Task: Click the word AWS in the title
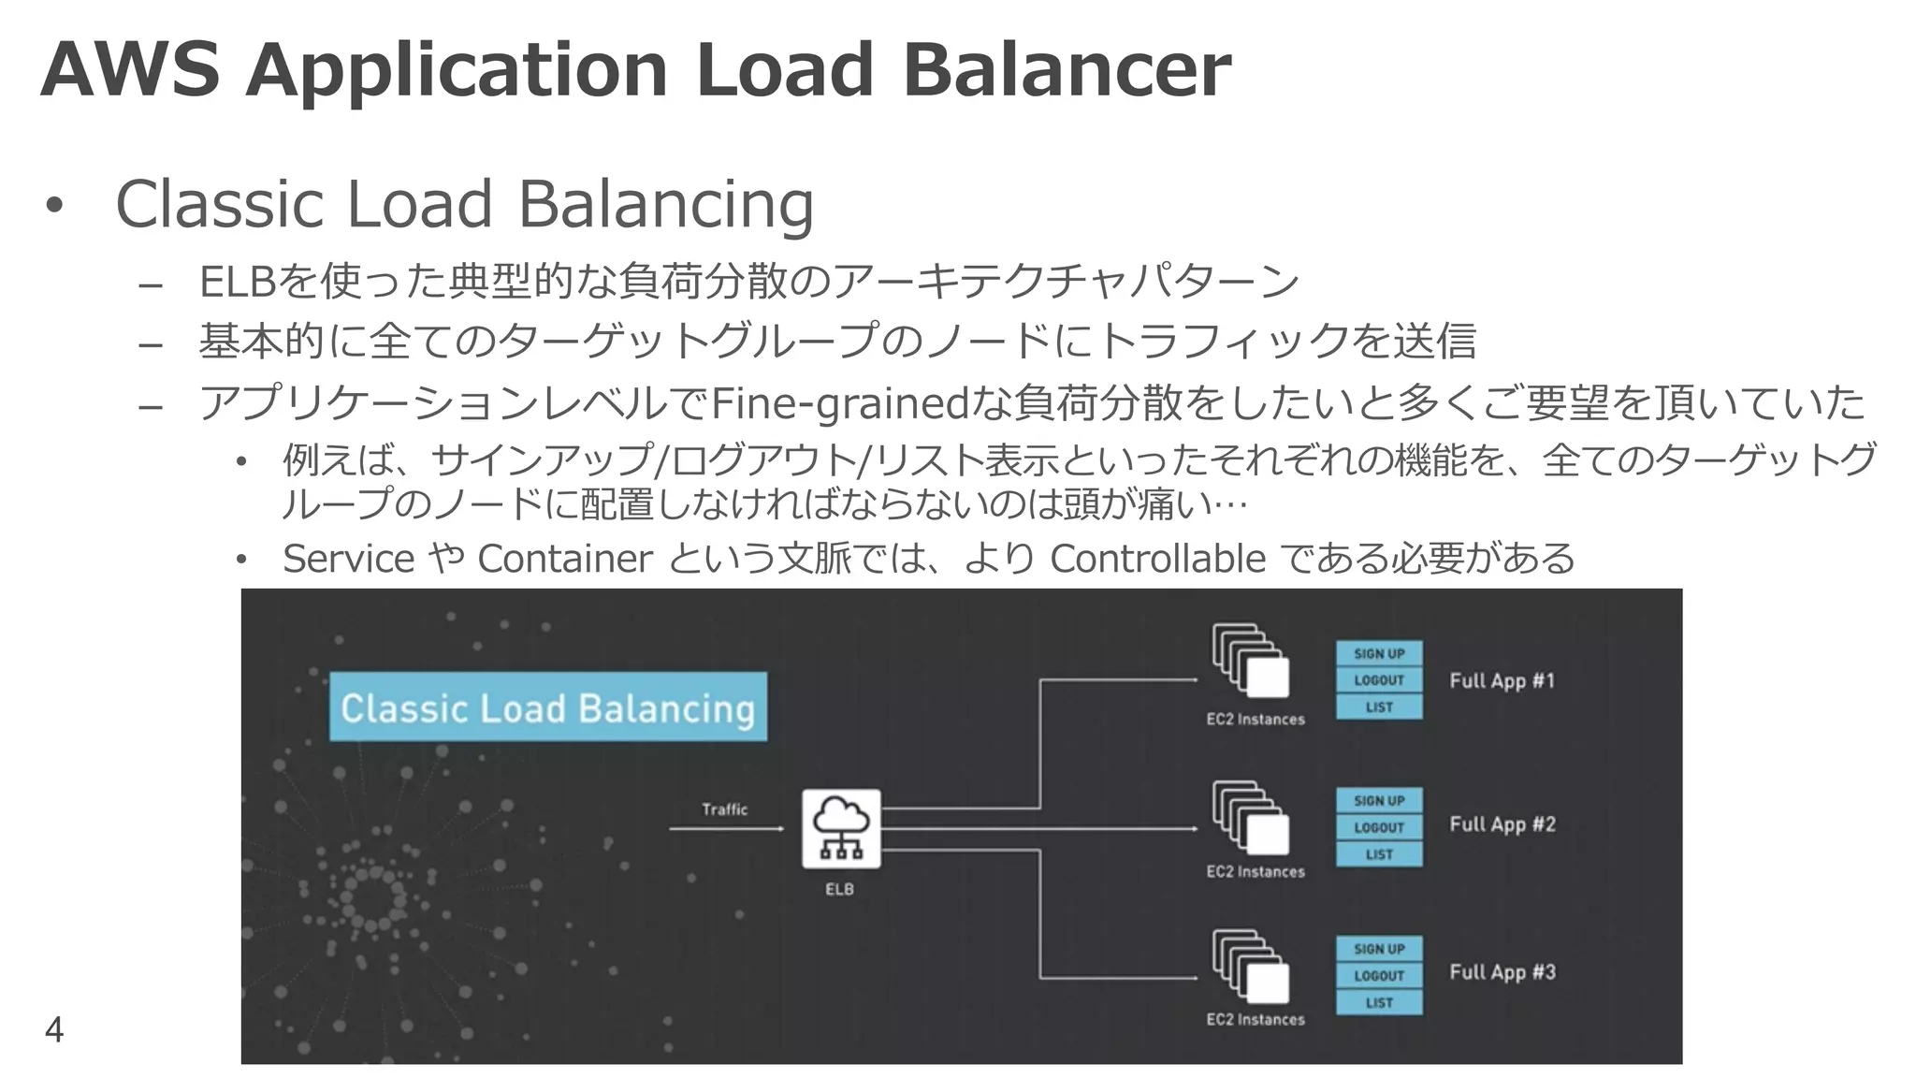click(129, 70)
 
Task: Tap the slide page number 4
click(54, 1029)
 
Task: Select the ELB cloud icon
click(840, 828)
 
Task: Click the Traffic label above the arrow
click(725, 809)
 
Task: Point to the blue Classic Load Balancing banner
click(547, 707)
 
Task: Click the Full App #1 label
click(1502, 681)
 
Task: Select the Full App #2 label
click(1502, 824)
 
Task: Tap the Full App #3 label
click(1502, 972)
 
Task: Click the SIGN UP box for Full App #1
click(1379, 654)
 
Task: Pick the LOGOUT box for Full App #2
click(1379, 827)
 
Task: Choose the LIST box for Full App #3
click(1379, 1002)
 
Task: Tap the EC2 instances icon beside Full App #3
click(1251, 966)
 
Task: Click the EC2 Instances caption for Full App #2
click(1255, 872)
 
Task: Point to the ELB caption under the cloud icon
click(839, 889)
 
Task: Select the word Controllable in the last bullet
click(1157, 559)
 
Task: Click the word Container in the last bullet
click(564, 559)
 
